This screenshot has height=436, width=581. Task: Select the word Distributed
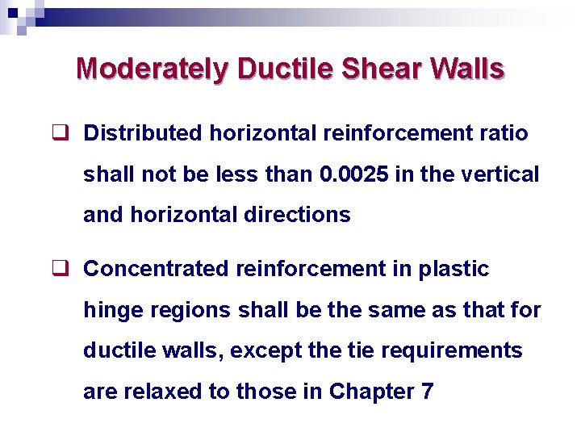point(144,132)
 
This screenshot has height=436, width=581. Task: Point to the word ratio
point(505,132)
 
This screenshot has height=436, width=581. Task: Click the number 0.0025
point(351,174)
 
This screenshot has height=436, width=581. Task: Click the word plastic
point(454,269)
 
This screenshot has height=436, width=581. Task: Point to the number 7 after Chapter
point(428,392)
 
